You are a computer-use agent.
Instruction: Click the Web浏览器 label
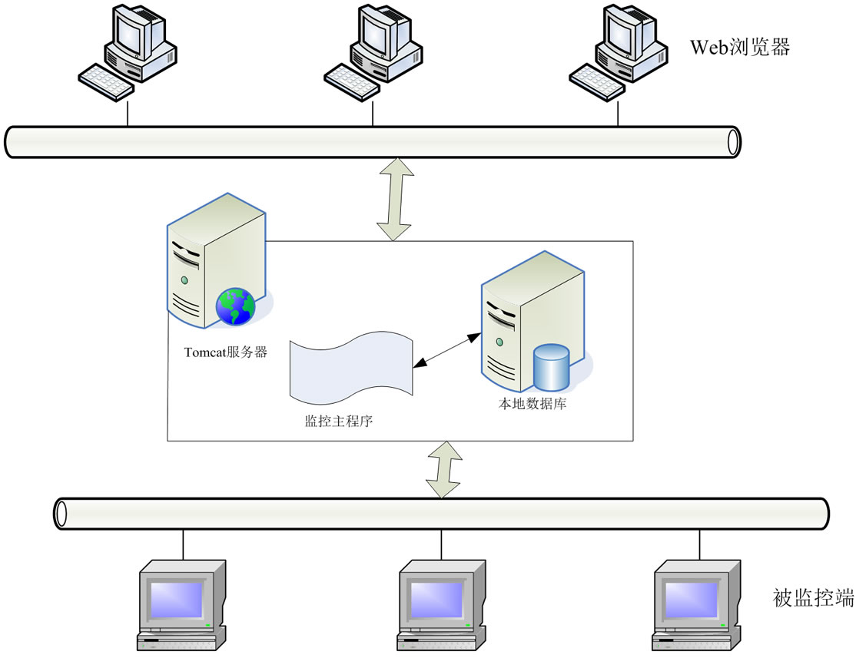[739, 48]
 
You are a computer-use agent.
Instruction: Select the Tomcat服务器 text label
[226, 352]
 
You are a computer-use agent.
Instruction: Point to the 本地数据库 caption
[532, 403]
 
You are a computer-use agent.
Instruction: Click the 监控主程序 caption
[338, 421]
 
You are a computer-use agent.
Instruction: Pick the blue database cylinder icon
[552, 367]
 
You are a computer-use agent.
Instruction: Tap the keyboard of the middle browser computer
[350, 79]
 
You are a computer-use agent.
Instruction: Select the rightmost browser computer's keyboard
[596, 79]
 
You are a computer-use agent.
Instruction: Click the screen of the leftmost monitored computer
[176, 599]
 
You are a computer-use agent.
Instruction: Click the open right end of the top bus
[735, 141]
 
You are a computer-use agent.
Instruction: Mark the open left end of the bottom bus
[61, 513]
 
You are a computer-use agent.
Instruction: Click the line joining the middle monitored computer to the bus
[441, 543]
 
